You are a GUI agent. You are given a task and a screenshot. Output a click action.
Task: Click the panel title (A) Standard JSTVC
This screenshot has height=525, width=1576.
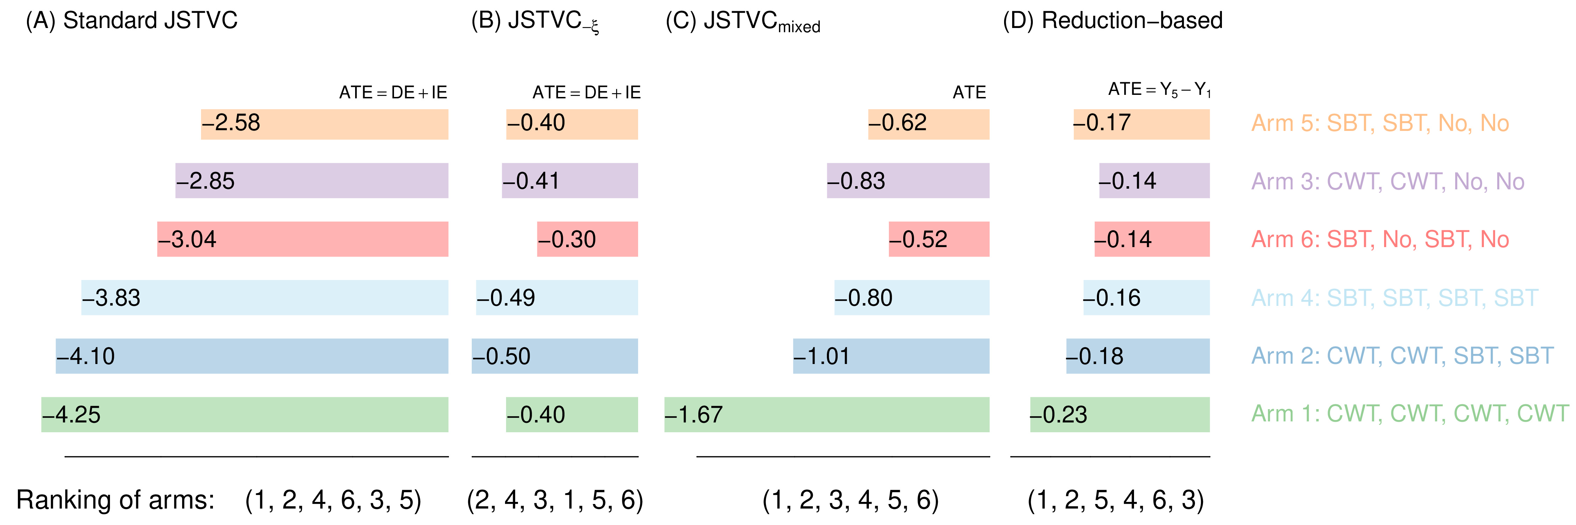(132, 21)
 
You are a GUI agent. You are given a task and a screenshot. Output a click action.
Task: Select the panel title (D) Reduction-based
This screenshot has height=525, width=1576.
(1112, 21)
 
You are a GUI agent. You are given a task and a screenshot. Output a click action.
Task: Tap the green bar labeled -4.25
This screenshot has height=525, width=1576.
(245, 414)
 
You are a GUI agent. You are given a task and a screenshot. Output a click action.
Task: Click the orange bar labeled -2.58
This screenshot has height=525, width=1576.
(324, 124)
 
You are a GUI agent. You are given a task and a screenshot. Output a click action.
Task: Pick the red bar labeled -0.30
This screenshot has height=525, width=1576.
(587, 239)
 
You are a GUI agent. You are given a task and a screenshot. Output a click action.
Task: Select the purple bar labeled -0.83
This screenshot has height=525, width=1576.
(908, 180)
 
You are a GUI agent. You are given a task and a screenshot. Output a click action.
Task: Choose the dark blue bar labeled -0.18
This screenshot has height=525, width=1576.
(1138, 356)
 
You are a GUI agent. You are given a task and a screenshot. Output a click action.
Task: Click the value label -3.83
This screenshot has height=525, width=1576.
(111, 297)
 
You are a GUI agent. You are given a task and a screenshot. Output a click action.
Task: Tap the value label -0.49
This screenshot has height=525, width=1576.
(506, 297)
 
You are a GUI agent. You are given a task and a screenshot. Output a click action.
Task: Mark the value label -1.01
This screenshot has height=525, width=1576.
(822, 356)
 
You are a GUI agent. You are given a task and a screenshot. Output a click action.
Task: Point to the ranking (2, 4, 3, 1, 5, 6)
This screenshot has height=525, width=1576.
(555, 500)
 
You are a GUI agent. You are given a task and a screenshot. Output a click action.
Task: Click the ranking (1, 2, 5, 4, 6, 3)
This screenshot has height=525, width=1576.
(1115, 500)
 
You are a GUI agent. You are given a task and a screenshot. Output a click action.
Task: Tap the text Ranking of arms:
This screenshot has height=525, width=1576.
(116, 500)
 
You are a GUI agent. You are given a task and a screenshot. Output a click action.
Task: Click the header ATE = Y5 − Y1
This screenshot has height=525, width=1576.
(1159, 90)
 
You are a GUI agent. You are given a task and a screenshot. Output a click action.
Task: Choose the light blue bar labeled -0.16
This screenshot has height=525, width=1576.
(1147, 297)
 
